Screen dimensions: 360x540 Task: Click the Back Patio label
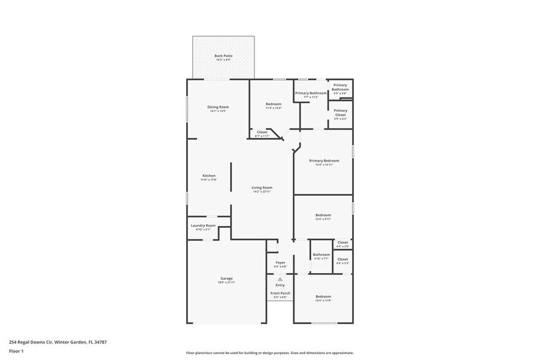tap(223, 56)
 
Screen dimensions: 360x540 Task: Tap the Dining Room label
tap(218, 108)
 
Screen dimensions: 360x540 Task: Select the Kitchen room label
tap(209, 176)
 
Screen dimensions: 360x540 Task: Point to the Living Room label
tap(262, 188)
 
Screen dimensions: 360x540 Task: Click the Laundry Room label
tap(203, 226)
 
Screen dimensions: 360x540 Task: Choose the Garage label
tap(227, 279)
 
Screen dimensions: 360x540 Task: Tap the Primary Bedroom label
tap(324, 161)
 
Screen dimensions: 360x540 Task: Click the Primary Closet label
tap(340, 113)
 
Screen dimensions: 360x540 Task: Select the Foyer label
tap(280, 263)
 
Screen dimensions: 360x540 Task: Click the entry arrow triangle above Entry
tap(280, 279)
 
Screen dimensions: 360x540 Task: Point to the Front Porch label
tap(280, 293)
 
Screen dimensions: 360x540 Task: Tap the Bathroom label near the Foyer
tap(321, 255)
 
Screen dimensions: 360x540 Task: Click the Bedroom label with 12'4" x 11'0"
tap(323, 297)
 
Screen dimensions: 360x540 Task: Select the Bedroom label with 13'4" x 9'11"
tap(323, 216)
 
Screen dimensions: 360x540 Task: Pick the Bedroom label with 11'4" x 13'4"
tap(274, 105)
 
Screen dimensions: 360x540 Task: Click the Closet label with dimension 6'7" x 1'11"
tap(262, 133)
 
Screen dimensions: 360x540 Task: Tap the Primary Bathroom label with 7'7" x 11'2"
tap(311, 94)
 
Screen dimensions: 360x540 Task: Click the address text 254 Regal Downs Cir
tap(53, 342)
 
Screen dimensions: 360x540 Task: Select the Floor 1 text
tap(16, 351)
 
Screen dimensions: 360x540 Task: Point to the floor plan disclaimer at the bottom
tap(269, 353)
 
